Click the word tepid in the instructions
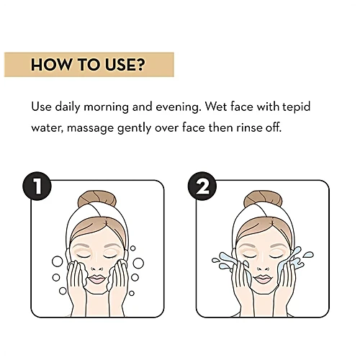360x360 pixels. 297,107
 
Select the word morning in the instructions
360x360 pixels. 106,107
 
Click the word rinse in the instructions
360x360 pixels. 249,127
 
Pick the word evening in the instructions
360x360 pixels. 178,107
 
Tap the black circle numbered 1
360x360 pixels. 37,186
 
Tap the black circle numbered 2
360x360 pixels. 202,186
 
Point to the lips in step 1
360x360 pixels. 96,279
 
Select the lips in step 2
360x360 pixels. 262,279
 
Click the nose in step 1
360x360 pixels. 96,267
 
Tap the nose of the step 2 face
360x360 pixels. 263,267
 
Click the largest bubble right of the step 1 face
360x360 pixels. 138,263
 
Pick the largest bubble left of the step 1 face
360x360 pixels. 58,261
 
